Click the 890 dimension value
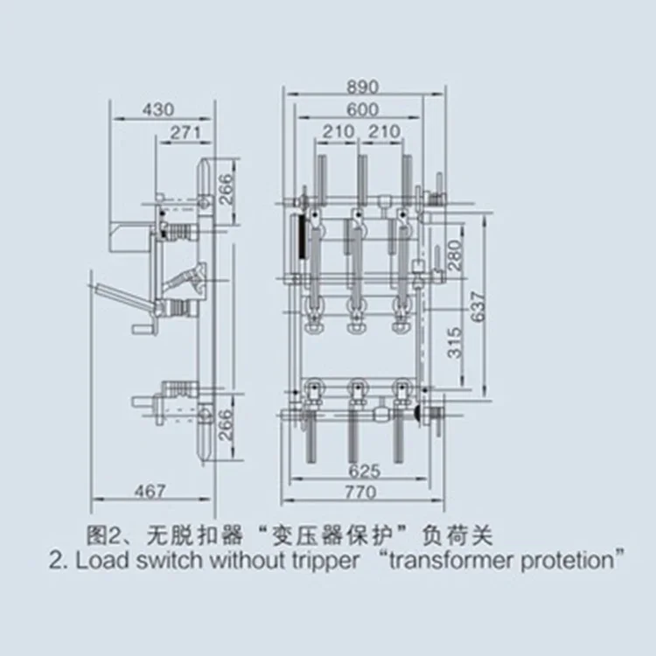361,87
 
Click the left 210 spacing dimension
338,132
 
